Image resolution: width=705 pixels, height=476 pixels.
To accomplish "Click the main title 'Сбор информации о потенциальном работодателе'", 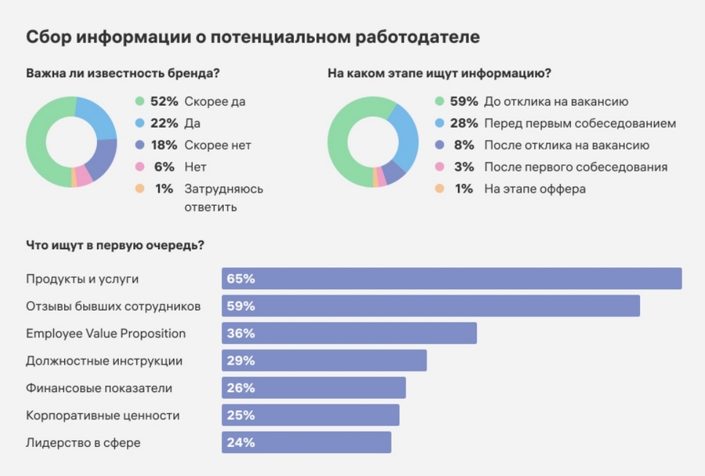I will coord(253,37).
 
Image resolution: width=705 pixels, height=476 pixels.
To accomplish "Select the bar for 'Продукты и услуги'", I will coord(451,279).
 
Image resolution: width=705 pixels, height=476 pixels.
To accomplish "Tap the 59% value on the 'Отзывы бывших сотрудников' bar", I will coord(240,306).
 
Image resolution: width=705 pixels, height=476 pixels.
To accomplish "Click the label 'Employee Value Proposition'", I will coord(106,334).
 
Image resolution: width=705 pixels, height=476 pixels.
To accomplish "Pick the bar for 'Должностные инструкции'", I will coord(324,361).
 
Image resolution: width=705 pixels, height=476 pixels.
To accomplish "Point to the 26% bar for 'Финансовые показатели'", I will coord(313,388).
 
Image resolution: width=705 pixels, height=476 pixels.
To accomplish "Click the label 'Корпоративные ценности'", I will coord(103,415).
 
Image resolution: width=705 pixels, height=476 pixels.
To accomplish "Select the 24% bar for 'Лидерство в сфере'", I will coord(306,442).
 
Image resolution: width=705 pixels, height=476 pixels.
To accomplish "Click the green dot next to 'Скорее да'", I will coord(140,102).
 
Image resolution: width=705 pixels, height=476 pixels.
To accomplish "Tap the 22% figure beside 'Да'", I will coord(164,124).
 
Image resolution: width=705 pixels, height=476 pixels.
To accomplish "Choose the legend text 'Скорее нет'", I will coord(218,146).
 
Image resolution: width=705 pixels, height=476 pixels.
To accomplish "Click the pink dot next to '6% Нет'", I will coord(140,167).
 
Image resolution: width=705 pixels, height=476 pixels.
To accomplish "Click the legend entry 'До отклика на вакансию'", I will coord(556,102).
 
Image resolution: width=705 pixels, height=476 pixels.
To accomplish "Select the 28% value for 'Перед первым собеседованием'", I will coord(464,124).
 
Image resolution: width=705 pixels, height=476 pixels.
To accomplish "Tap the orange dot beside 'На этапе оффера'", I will coord(439,189).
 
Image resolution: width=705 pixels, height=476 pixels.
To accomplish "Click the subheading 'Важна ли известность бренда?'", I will coord(122,74).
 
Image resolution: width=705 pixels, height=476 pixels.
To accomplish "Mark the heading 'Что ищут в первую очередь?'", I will coord(115,245).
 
